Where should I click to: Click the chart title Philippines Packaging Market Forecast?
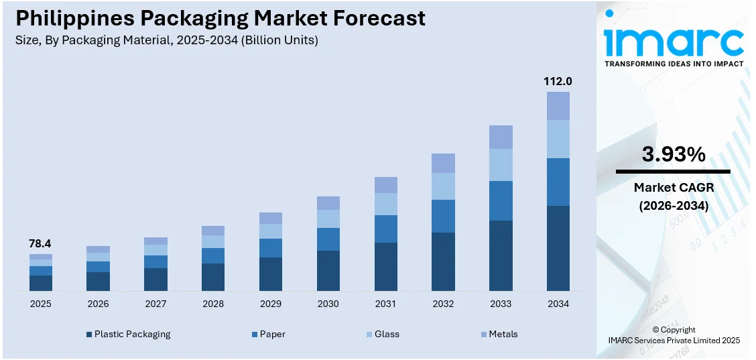pyautogui.click(x=220, y=18)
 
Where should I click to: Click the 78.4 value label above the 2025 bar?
pyautogui.click(x=40, y=244)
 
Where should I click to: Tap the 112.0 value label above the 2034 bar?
pyautogui.click(x=558, y=81)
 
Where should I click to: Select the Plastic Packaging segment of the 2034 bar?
pyautogui.click(x=558, y=248)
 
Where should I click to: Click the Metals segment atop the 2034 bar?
pyautogui.click(x=558, y=106)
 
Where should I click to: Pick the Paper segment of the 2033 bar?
pyautogui.click(x=501, y=200)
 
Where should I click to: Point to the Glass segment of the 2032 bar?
pyautogui.click(x=443, y=186)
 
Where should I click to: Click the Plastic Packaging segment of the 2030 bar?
pyautogui.click(x=328, y=270)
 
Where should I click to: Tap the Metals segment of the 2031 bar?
pyautogui.click(x=385, y=185)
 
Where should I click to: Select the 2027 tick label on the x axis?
pyautogui.click(x=155, y=304)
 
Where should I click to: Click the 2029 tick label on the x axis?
pyautogui.click(x=271, y=304)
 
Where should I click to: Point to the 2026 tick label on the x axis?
pyautogui.click(x=98, y=304)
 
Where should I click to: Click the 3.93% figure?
pyautogui.click(x=673, y=155)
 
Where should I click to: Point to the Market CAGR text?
pyautogui.click(x=673, y=188)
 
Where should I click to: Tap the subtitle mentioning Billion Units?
pyautogui.click(x=166, y=40)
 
